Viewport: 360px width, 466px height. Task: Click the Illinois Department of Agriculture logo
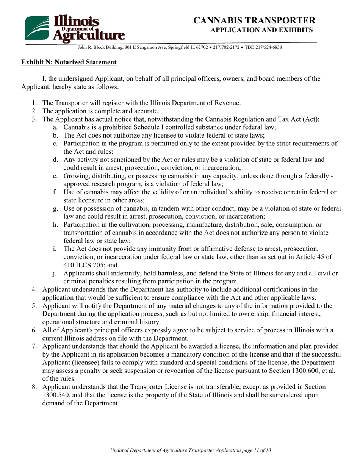click(x=75, y=28)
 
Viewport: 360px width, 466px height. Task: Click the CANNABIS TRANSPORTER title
click(x=254, y=20)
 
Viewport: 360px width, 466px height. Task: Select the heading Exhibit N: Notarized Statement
click(x=69, y=62)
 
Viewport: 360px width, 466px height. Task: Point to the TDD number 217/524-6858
click(x=268, y=48)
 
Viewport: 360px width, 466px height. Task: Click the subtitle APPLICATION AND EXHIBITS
click(x=261, y=30)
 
